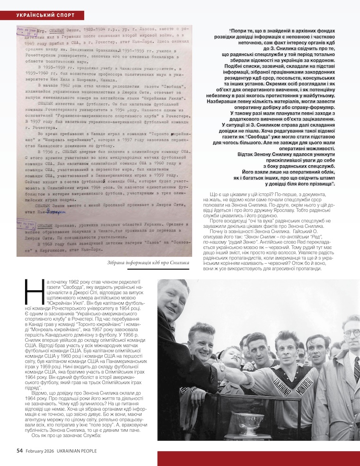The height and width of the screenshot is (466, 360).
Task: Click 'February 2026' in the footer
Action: pos(39,451)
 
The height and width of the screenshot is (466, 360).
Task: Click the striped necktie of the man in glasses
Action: pos(357,369)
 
